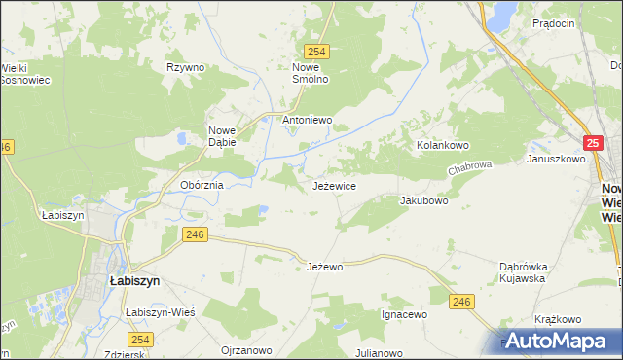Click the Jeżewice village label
(x=334, y=185)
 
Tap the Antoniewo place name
(x=308, y=121)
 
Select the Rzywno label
(x=185, y=67)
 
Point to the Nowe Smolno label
(x=311, y=73)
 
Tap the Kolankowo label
(x=443, y=145)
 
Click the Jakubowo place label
(x=423, y=201)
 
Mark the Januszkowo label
(x=553, y=158)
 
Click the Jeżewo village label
(x=325, y=267)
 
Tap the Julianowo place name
(x=380, y=353)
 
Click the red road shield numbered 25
(x=595, y=143)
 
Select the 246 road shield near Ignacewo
(x=462, y=303)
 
